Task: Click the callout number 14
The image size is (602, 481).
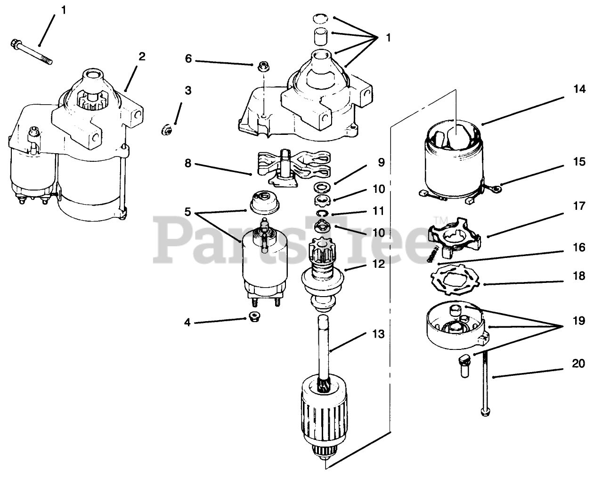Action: click(x=579, y=89)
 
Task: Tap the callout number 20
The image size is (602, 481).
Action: click(x=579, y=364)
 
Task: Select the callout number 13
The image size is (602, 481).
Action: click(x=378, y=334)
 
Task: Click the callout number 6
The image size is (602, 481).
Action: click(x=188, y=59)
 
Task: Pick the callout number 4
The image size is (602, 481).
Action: click(x=188, y=323)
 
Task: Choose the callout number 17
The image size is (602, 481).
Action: click(x=579, y=206)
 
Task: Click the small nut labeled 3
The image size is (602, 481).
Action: click(x=166, y=127)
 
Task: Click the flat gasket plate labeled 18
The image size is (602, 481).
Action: click(x=455, y=279)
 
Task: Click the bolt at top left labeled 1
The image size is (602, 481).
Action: click(x=31, y=52)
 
